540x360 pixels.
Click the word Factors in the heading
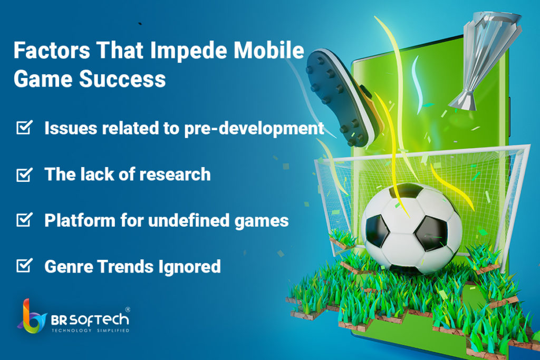click(52, 50)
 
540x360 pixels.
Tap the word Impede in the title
click(188, 51)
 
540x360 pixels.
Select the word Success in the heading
click(122, 79)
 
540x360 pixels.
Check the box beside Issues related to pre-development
click(24, 127)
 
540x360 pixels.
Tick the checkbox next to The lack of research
click(24, 174)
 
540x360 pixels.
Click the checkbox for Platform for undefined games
click(24, 220)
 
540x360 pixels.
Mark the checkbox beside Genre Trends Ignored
click(24, 265)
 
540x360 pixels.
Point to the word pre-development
click(254, 129)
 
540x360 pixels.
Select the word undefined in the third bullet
click(189, 220)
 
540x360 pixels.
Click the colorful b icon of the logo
click(32, 317)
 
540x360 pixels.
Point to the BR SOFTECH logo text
click(90, 320)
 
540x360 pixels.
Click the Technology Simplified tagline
click(90, 330)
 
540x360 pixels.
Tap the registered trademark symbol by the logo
click(128, 309)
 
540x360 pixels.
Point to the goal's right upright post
click(515, 207)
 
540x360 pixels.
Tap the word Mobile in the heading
click(269, 50)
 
